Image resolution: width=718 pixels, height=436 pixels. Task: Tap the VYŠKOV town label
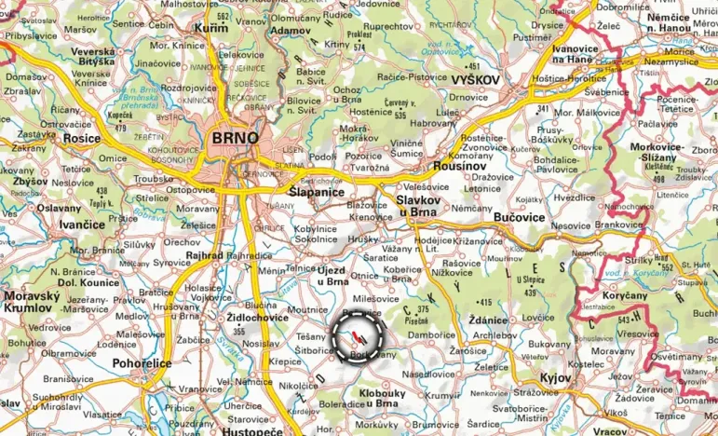pyautogui.click(x=475, y=80)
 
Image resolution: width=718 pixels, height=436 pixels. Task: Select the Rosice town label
pyautogui.click(x=81, y=138)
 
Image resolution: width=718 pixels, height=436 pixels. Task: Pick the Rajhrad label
pyautogui.click(x=203, y=255)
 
